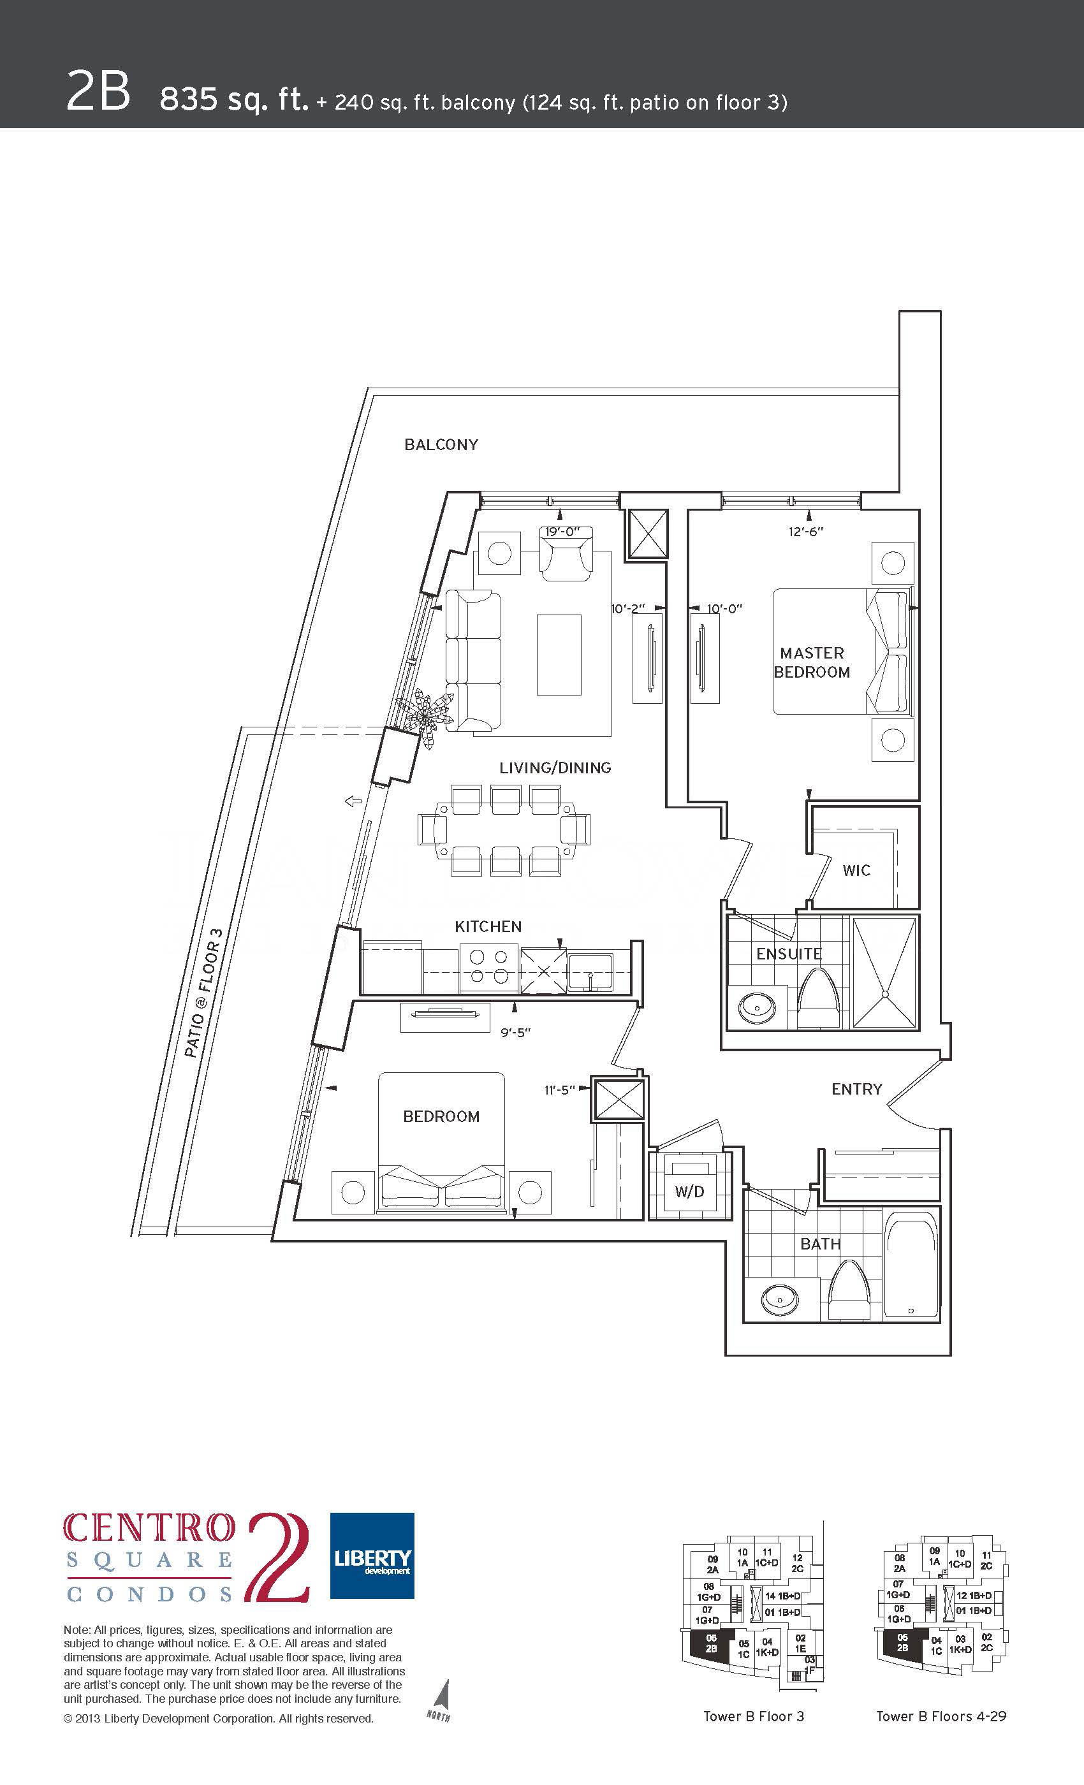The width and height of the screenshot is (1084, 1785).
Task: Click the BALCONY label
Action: pyautogui.click(x=441, y=445)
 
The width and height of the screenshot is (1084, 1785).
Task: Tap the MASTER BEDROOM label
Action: pyautogui.click(x=812, y=663)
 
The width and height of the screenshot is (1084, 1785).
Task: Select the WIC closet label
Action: pyautogui.click(x=856, y=870)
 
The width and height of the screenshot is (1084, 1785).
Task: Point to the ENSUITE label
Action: pyautogui.click(x=788, y=954)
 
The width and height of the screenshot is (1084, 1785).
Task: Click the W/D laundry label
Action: pyautogui.click(x=689, y=1191)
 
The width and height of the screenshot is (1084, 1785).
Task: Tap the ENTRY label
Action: pyautogui.click(x=856, y=1089)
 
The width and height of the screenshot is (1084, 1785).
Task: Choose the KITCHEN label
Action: pyautogui.click(x=488, y=926)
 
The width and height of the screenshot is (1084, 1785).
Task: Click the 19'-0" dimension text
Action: pyautogui.click(x=562, y=531)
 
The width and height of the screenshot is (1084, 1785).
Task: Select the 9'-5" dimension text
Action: pyautogui.click(x=515, y=1032)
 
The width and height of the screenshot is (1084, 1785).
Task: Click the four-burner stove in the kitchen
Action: pyautogui.click(x=488, y=967)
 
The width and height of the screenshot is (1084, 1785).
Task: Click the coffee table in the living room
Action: pyautogui.click(x=559, y=655)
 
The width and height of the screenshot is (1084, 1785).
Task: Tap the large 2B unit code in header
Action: pyautogui.click(x=98, y=91)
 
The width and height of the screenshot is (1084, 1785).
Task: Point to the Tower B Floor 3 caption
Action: pyautogui.click(x=754, y=1716)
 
